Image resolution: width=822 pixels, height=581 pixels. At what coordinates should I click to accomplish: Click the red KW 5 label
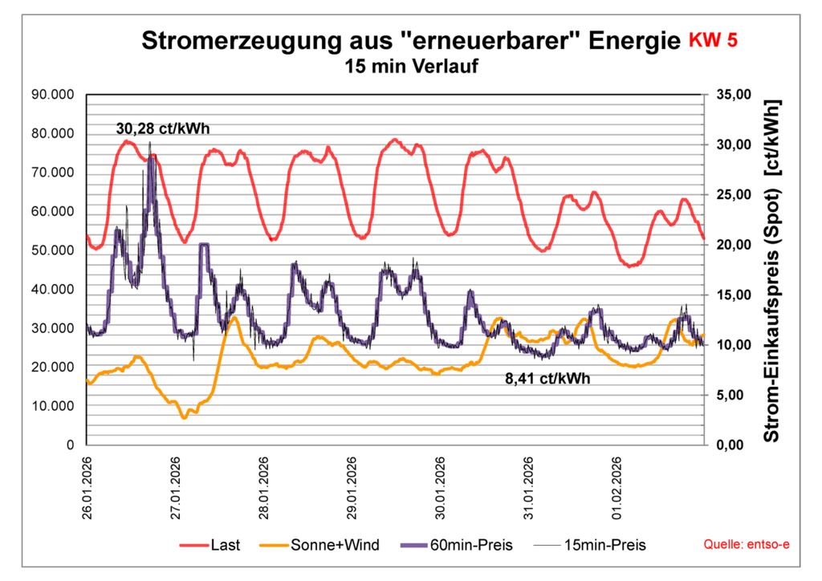[x=712, y=41]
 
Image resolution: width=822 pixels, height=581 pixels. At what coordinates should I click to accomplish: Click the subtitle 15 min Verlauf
[x=411, y=67]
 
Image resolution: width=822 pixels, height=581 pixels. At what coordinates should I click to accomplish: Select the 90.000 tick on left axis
[x=52, y=95]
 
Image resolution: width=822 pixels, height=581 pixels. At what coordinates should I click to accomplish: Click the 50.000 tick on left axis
[x=52, y=250]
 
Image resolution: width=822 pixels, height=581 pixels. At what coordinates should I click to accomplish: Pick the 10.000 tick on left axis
[x=52, y=406]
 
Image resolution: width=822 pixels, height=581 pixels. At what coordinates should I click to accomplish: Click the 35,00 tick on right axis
[x=730, y=95]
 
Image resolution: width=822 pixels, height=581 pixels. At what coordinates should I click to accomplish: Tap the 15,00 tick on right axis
[x=730, y=295]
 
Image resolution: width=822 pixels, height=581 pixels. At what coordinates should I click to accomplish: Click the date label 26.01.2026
[x=89, y=490]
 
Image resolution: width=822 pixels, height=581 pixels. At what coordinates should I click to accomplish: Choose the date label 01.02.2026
[x=617, y=490]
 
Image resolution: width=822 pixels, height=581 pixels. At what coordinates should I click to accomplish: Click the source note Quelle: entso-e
[x=746, y=545]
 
